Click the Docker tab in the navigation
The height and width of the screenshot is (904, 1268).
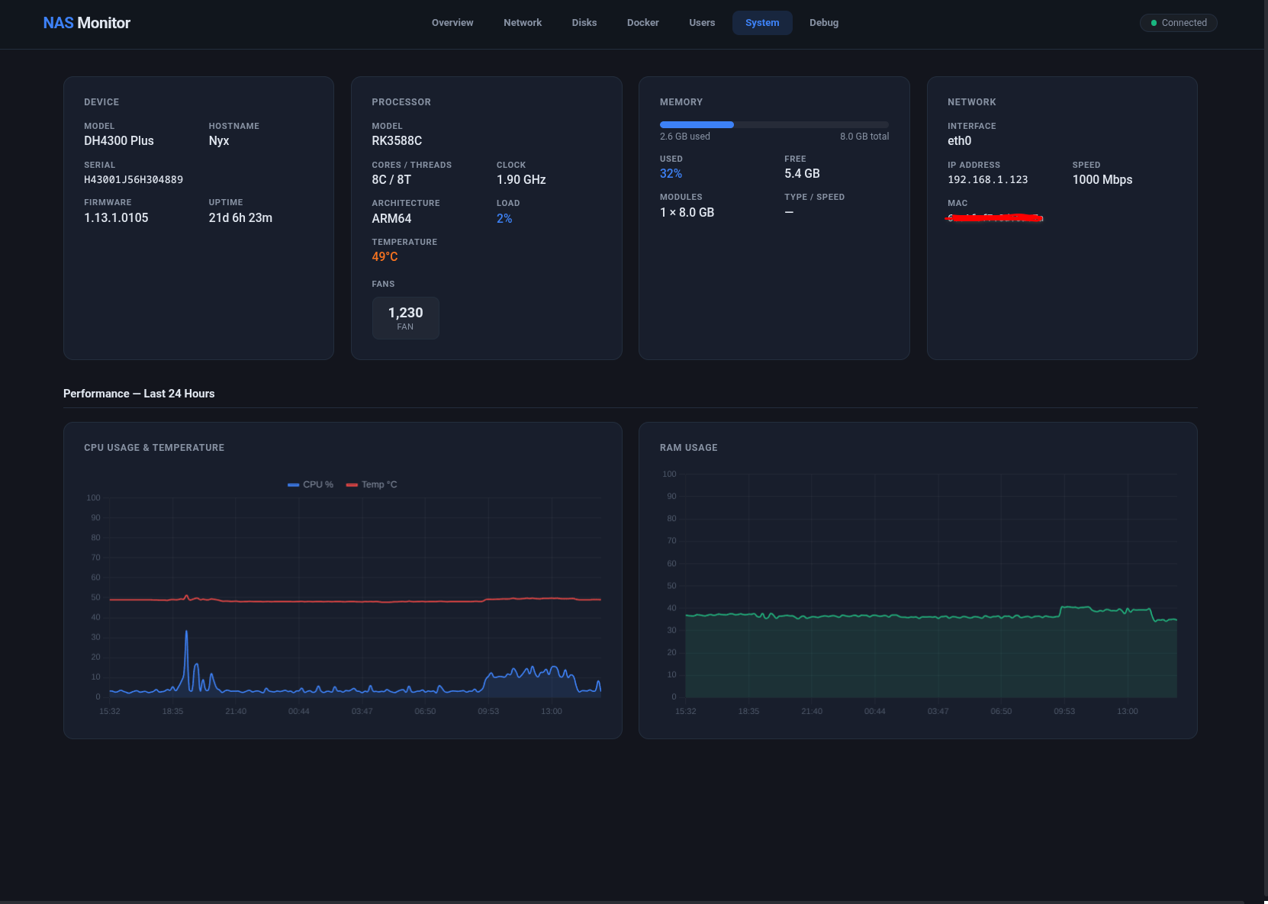point(642,23)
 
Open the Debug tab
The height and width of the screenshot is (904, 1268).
point(823,23)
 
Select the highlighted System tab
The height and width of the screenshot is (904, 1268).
point(761,23)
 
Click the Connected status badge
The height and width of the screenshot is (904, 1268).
point(1178,23)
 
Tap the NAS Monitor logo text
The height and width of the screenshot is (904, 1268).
point(86,23)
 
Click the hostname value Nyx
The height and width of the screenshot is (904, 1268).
point(218,141)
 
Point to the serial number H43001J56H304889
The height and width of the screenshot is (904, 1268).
point(134,180)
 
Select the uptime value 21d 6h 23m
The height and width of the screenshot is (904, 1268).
point(240,218)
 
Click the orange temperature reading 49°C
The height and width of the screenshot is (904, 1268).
point(385,257)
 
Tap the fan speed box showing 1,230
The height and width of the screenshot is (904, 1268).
point(405,317)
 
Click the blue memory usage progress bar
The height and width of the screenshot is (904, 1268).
point(697,124)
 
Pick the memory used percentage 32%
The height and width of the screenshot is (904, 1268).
point(671,174)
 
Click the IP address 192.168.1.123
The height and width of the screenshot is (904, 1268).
point(987,180)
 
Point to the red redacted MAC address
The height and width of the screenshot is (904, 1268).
point(995,218)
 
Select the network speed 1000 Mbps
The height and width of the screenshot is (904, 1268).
point(1102,180)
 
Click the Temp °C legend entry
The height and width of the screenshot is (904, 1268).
point(372,484)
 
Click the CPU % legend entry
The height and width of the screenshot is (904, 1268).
point(311,484)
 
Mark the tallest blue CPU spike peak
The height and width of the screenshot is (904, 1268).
point(186,632)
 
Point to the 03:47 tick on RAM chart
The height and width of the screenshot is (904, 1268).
point(938,711)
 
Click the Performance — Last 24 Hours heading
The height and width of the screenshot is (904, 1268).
point(139,394)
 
